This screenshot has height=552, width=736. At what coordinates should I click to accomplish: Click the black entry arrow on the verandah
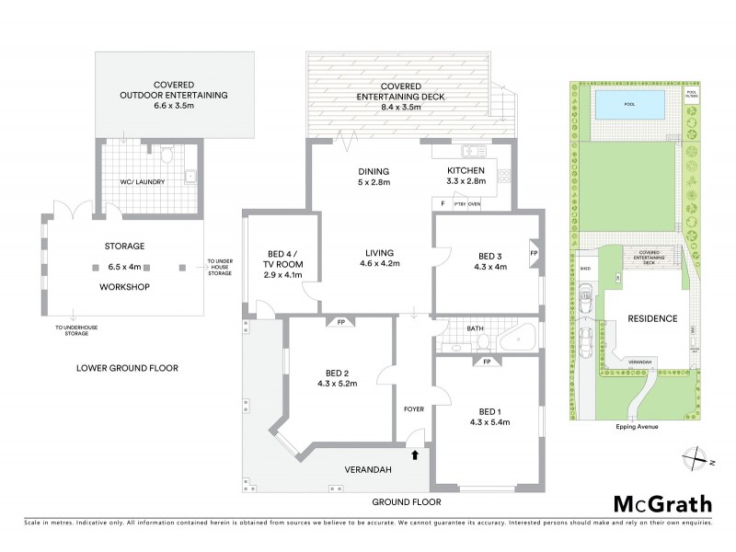(414, 454)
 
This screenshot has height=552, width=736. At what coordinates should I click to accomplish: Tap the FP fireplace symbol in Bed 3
(533, 251)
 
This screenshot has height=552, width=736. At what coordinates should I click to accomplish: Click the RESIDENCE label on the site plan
(652, 318)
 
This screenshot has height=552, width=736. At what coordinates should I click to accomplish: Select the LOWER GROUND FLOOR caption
(128, 368)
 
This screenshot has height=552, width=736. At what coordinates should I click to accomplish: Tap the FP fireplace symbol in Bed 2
(339, 322)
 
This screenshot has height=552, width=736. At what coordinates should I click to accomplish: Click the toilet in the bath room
(483, 341)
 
